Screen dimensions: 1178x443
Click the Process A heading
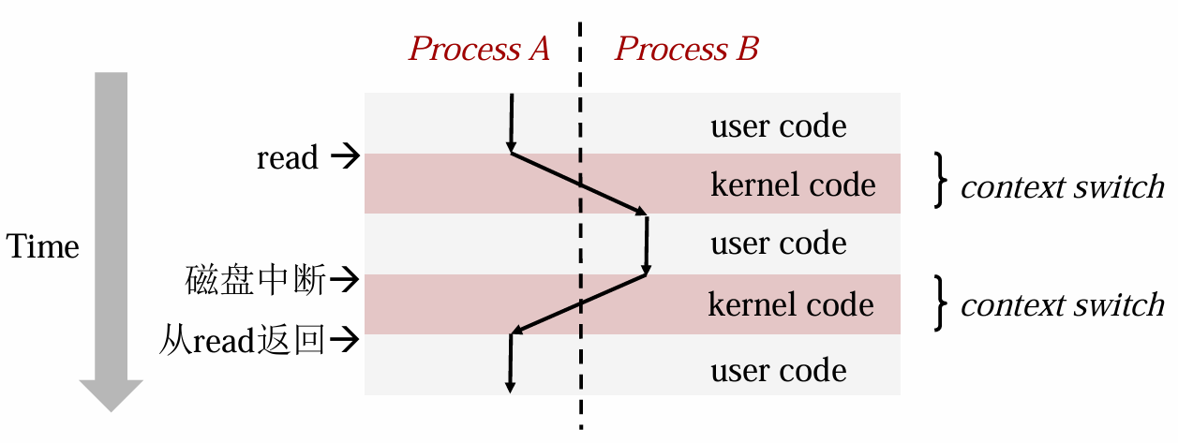(479, 49)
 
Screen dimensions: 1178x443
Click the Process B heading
(687, 49)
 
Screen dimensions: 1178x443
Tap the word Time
(42, 246)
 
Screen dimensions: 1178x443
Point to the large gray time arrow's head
(111, 395)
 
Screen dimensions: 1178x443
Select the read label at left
(288, 157)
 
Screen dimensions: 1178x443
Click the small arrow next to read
(345, 156)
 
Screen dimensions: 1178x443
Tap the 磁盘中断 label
(256, 280)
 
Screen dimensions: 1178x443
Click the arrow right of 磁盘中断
(345, 279)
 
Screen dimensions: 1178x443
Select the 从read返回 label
(242, 340)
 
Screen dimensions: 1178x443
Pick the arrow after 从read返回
(345, 339)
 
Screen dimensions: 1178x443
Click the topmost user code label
(779, 126)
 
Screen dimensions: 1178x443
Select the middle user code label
(779, 243)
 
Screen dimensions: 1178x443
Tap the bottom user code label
(779, 371)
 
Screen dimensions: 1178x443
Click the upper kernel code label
(793, 185)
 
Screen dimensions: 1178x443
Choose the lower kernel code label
(791, 304)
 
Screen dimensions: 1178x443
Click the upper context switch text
(1063, 187)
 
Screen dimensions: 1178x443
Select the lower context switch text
(1063, 305)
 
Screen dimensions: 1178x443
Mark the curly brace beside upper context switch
(941, 180)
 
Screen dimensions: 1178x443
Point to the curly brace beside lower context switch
(941, 303)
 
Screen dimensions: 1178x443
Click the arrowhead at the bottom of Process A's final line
(510, 388)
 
